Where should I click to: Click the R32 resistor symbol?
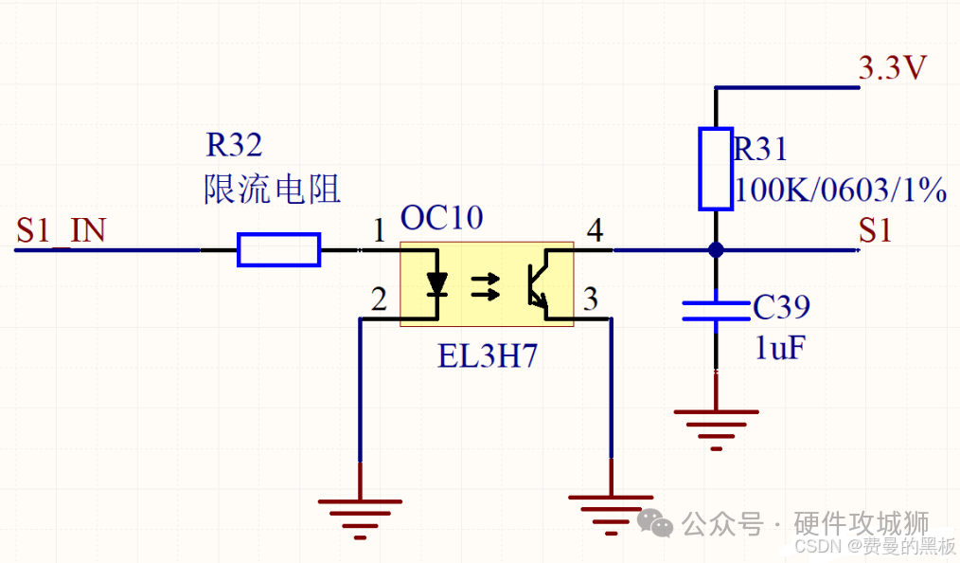tap(278, 250)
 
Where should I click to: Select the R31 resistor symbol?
tap(716, 168)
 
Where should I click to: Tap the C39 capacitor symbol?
tap(716, 311)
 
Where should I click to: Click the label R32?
tap(234, 146)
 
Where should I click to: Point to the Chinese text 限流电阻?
tap(272, 190)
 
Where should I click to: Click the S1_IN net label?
tap(61, 230)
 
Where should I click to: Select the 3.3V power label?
tap(892, 69)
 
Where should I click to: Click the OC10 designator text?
tap(441, 218)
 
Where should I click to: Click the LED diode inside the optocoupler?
tap(436, 283)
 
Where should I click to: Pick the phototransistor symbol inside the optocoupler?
tap(535, 283)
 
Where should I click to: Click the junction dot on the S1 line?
tap(716, 250)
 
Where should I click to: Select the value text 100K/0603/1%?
tap(841, 191)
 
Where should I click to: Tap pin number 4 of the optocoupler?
tap(594, 231)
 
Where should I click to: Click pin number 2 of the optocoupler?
tap(379, 300)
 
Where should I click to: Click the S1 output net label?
tap(876, 230)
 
